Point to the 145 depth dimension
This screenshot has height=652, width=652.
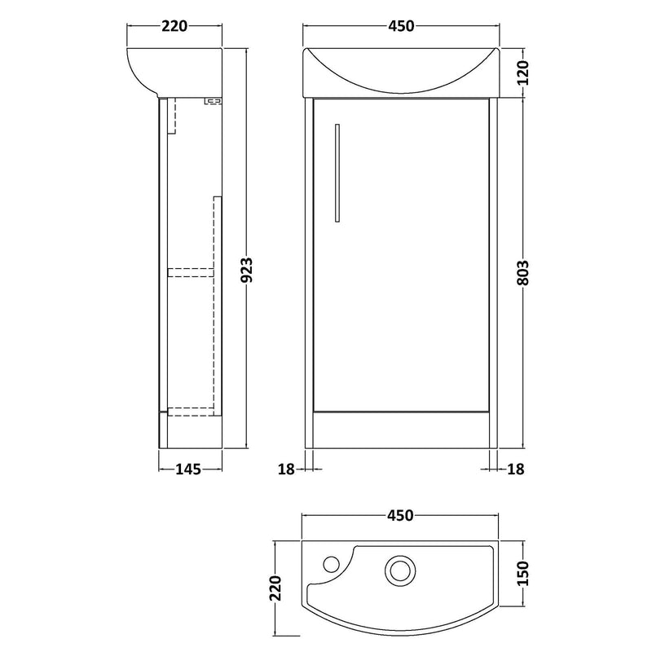point(190,469)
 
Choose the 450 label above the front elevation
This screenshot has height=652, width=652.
point(399,26)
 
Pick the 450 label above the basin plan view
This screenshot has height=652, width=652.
point(399,514)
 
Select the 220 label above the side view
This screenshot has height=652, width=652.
point(174,26)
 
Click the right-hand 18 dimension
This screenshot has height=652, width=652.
point(515,469)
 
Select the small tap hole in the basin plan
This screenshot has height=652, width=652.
point(332,563)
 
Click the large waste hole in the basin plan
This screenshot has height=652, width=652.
point(399,569)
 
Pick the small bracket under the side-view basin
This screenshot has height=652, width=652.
point(214,101)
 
